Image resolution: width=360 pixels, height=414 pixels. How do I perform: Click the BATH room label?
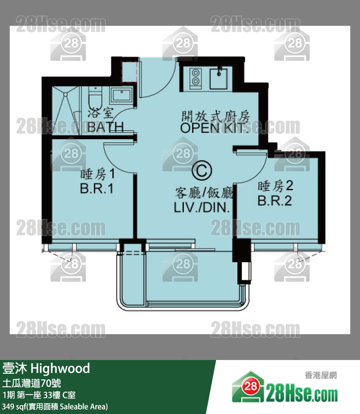(x=106, y=127)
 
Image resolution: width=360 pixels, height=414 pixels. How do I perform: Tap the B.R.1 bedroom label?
(x=97, y=189)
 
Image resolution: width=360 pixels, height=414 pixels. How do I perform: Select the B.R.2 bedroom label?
(x=275, y=200)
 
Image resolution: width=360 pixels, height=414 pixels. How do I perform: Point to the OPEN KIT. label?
(x=215, y=128)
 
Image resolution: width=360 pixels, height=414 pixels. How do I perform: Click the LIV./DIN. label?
(x=202, y=207)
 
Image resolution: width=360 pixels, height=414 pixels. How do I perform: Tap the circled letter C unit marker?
(x=202, y=171)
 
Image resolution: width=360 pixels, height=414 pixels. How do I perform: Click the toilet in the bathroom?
(x=95, y=98)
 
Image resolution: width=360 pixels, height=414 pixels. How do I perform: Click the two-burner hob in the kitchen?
(x=196, y=77)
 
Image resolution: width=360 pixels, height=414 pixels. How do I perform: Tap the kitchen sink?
(x=218, y=78)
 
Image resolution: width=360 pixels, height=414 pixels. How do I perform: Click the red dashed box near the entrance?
(x=129, y=72)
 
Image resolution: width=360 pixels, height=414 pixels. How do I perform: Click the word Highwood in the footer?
(x=60, y=368)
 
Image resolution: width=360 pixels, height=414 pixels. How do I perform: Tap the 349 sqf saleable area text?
(x=55, y=407)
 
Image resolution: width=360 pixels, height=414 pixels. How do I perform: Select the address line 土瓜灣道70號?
(x=32, y=383)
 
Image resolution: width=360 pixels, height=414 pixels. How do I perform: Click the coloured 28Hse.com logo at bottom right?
(x=285, y=388)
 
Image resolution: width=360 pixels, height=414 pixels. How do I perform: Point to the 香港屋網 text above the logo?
(x=321, y=375)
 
